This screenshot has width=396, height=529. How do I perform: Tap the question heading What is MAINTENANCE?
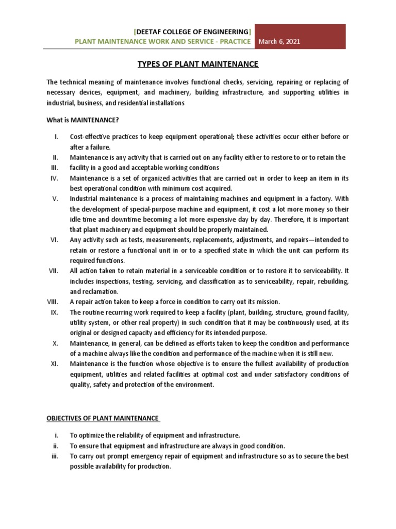[82, 120]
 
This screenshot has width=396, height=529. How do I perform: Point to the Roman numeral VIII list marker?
[52, 302]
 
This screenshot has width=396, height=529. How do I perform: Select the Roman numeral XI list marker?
[54, 364]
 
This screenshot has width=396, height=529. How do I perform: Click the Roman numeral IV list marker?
[54, 178]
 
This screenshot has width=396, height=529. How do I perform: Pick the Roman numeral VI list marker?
[54, 240]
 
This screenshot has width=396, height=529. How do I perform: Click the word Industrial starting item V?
[85, 198]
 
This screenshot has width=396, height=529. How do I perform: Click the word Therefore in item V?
[279, 219]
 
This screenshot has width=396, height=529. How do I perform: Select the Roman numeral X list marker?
[55, 343]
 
